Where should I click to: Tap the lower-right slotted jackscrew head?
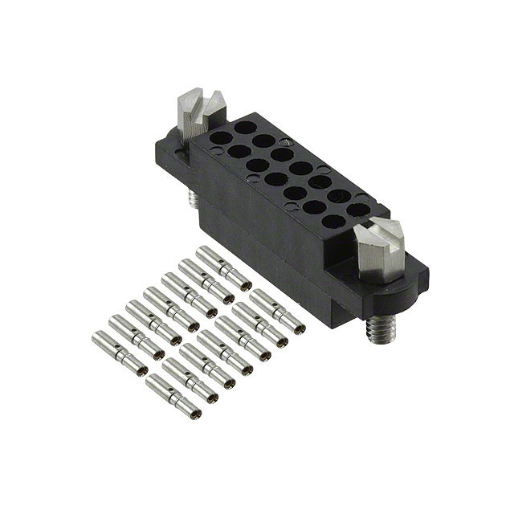tap(381, 246)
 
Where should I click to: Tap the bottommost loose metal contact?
tap(173, 397)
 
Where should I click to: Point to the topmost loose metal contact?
tap(223, 267)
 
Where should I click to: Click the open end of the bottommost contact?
tap(194, 413)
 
